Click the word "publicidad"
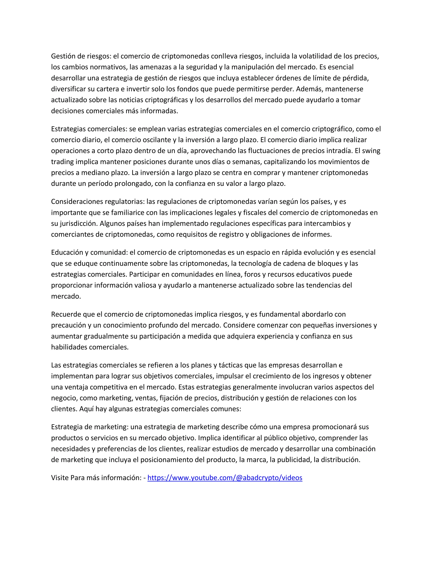tap(293, 460)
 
